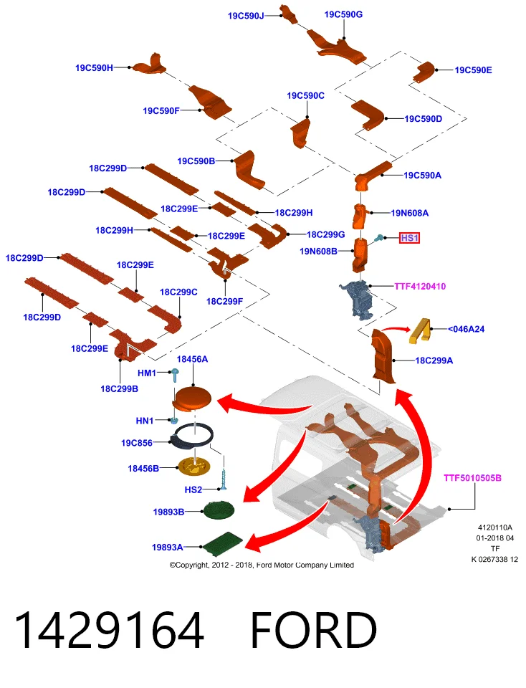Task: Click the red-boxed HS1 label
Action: (409, 238)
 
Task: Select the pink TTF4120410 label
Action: (420, 287)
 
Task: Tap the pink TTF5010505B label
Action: (472, 478)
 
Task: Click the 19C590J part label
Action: (246, 16)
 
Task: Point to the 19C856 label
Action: (137, 443)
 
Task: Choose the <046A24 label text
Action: (466, 329)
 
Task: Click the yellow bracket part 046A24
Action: (420, 330)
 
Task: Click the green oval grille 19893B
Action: (219, 509)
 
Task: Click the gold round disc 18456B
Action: (194, 466)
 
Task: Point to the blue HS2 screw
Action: (225, 480)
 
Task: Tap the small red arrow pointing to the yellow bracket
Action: (396, 328)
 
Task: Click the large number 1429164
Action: (109, 630)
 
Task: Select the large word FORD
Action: (313, 630)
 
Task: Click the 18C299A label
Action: (434, 360)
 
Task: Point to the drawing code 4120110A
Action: (495, 527)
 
